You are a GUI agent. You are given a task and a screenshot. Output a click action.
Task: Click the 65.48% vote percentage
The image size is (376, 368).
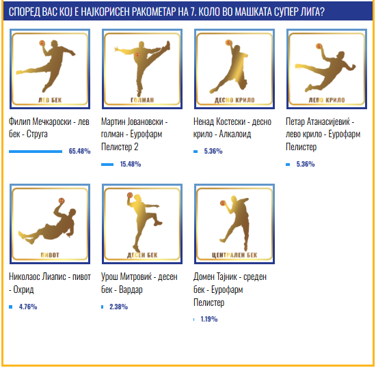(x=79, y=151)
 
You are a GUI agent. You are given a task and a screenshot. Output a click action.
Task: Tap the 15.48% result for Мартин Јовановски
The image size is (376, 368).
(x=131, y=164)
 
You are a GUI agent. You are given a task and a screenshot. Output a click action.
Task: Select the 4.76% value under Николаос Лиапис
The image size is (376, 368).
(x=28, y=307)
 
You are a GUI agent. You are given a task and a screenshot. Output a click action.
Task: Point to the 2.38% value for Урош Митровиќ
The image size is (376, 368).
(x=119, y=307)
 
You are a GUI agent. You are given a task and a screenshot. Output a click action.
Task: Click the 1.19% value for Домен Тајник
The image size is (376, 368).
(x=209, y=319)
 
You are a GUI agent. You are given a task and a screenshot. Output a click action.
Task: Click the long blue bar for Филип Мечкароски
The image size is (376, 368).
(x=36, y=152)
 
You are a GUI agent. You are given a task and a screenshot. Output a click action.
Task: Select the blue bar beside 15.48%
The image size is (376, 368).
(x=107, y=165)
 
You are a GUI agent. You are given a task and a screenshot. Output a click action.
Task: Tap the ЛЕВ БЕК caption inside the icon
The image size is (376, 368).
(x=50, y=100)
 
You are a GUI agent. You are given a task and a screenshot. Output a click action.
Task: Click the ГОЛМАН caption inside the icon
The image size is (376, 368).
(x=142, y=100)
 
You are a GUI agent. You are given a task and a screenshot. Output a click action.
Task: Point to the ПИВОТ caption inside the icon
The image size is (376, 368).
(x=50, y=255)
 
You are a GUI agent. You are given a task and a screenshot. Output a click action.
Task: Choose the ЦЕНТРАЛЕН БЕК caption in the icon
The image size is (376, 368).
(x=234, y=255)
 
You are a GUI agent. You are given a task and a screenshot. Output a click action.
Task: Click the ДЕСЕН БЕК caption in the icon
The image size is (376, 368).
(x=142, y=255)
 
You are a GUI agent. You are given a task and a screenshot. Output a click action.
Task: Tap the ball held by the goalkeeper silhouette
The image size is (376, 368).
(x=137, y=55)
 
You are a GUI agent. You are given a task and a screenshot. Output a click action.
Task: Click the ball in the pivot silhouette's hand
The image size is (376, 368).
(x=62, y=201)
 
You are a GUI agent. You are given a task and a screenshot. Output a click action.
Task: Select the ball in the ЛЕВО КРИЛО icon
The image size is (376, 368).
(x=319, y=46)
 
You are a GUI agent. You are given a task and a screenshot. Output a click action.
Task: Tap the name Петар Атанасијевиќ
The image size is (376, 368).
(x=318, y=122)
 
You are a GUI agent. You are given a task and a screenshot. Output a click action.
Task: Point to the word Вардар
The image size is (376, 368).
(x=131, y=290)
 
